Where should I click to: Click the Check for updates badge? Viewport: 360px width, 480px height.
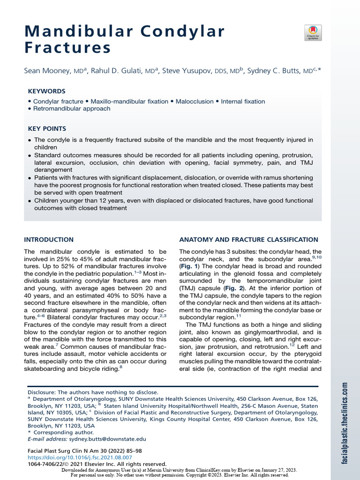[313, 33]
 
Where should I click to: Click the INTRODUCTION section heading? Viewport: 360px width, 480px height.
[49, 240]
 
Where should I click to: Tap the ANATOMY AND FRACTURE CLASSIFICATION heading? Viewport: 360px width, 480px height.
[248, 240]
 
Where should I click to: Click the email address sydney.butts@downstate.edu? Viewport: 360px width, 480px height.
[107, 439]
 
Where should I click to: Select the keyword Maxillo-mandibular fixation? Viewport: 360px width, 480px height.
[129, 101]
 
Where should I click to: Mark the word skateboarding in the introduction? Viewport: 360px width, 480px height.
[45, 369]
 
